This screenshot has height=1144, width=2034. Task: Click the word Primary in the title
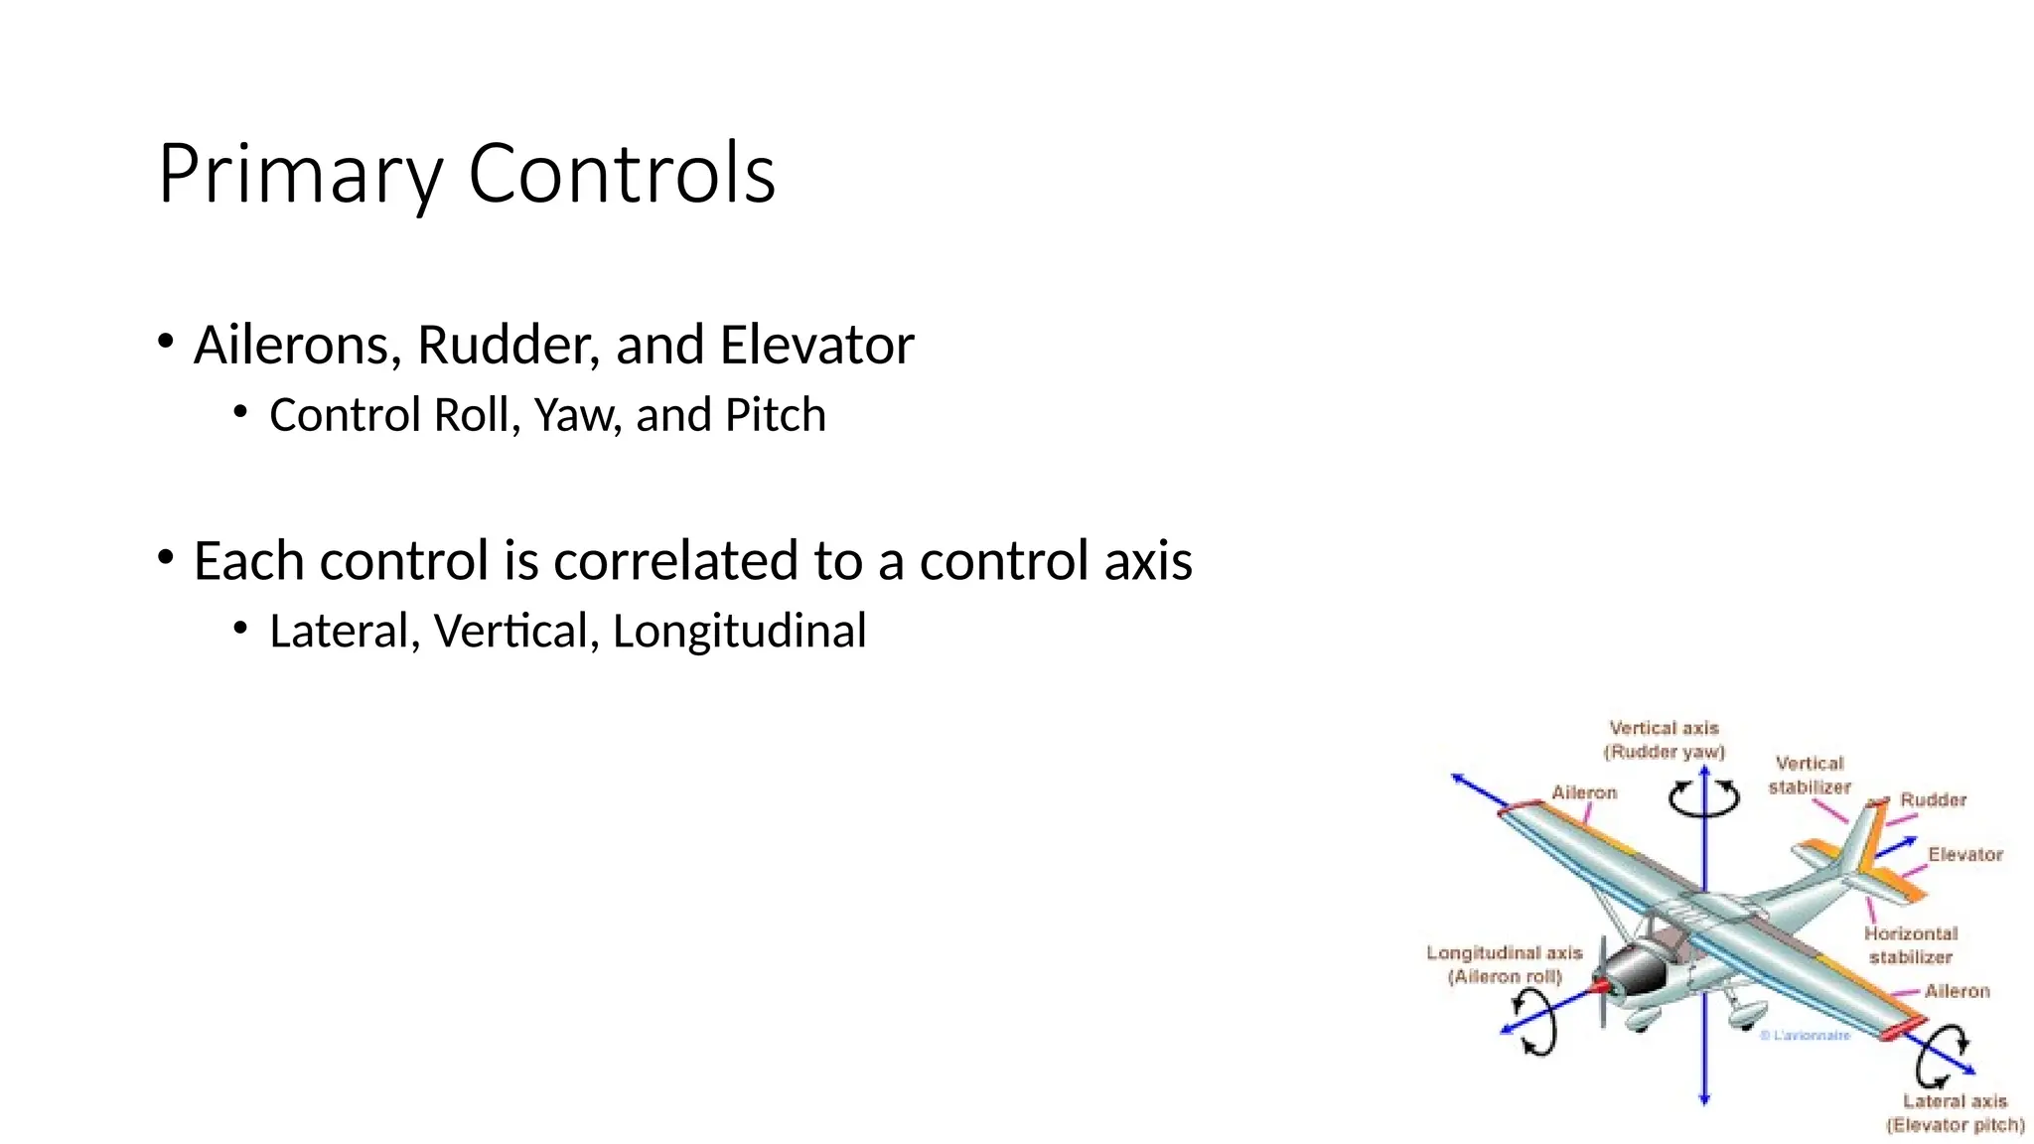(x=299, y=175)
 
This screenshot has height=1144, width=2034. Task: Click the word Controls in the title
(x=622, y=173)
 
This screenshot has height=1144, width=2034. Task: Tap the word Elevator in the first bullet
(x=815, y=346)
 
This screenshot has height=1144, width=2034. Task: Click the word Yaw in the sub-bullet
(x=577, y=415)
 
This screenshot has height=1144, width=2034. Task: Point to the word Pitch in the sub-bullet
(x=776, y=415)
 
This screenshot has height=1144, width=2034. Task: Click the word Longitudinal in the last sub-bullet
(x=739, y=631)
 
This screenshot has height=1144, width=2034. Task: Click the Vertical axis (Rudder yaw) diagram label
(x=1664, y=740)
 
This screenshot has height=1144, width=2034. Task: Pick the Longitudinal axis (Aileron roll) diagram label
(x=1504, y=964)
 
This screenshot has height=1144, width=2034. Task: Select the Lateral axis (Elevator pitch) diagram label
(x=1955, y=1113)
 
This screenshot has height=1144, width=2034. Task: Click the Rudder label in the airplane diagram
(x=1933, y=799)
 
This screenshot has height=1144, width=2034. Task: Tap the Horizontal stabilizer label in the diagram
(x=1911, y=945)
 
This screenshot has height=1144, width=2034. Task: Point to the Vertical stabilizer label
(x=1810, y=775)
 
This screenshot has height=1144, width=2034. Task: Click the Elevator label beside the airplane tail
(x=1964, y=854)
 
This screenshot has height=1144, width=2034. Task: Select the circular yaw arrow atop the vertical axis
(x=1704, y=797)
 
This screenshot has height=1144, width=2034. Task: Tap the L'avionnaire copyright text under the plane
(x=1806, y=1035)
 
